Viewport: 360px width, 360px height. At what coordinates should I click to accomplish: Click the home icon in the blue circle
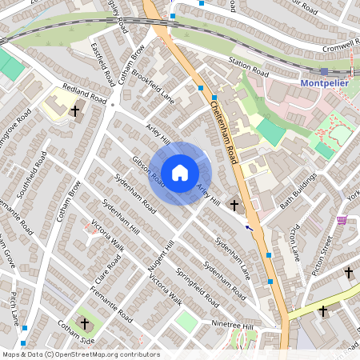tap(180, 173)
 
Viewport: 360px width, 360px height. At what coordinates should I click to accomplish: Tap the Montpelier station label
tap(322, 82)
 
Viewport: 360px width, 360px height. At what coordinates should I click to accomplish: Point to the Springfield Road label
tap(197, 288)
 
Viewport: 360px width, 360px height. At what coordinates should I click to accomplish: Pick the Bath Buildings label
tap(299, 192)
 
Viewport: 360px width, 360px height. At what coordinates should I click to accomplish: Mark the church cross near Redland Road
tap(77, 111)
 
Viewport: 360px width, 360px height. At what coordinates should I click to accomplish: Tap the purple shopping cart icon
tap(342, 220)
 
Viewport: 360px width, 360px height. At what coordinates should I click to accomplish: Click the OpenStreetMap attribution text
tap(80, 354)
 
